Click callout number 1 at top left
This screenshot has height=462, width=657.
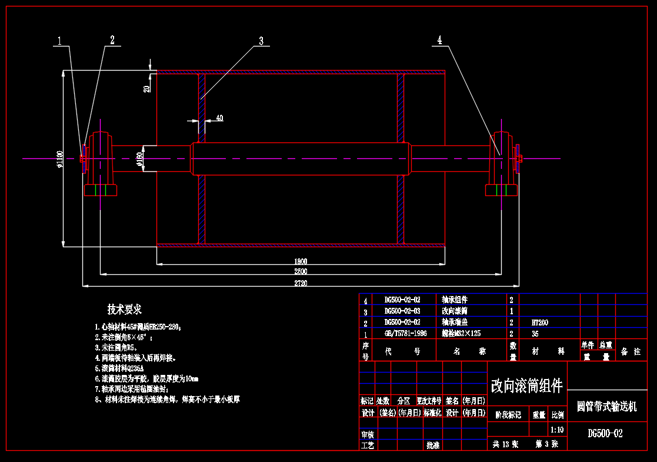coord(59,41)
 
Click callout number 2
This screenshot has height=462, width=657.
coord(112,40)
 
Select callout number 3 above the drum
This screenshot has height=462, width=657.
coord(261,41)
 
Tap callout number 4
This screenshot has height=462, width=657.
coord(439,40)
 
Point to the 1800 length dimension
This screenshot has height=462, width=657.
coord(300,261)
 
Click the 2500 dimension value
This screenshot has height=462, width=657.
coord(300,272)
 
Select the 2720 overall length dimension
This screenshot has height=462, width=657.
coord(300,283)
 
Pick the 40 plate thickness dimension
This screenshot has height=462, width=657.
coord(219,118)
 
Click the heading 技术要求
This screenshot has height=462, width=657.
coord(124,310)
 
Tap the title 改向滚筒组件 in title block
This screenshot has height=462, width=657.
coord(526,386)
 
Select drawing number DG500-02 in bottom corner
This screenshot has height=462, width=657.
coord(605,434)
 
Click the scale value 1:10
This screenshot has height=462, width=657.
coord(556,430)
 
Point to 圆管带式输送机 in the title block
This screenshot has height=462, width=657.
coord(606,407)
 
